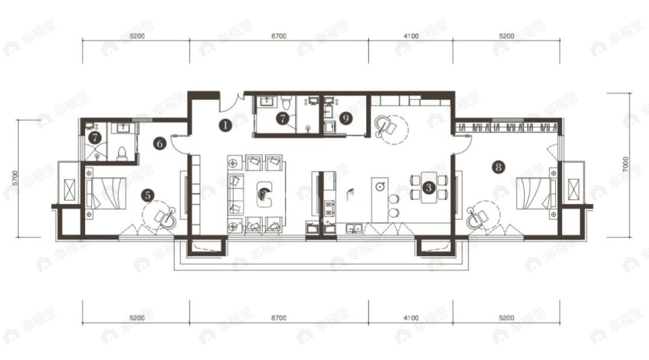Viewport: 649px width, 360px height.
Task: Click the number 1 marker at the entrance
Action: pos(225,126)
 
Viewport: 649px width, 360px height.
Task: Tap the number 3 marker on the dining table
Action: pos(428,187)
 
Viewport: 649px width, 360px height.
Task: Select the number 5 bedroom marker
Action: pos(147,194)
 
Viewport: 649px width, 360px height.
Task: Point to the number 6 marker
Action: pos(160,144)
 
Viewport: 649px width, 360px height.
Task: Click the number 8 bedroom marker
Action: pos(497,167)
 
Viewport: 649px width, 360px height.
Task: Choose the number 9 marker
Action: pos(345,118)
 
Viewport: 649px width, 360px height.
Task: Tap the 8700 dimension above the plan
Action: pos(278,36)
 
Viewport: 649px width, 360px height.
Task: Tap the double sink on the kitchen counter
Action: pos(354,228)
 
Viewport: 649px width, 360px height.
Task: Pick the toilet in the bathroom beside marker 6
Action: pos(121,152)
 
